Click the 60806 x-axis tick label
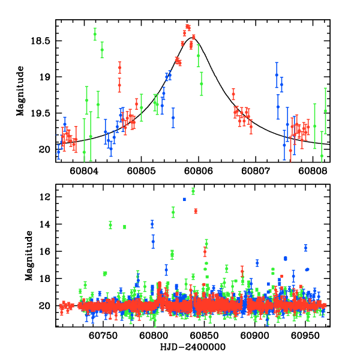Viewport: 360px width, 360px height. [x=198, y=170]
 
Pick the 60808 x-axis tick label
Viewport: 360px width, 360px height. [x=312, y=170]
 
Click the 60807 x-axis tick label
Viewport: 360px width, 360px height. [x=255, y=170]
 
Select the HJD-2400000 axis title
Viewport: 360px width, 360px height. [x=192, y=347]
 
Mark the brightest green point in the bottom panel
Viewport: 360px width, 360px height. [x=193, y=191]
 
